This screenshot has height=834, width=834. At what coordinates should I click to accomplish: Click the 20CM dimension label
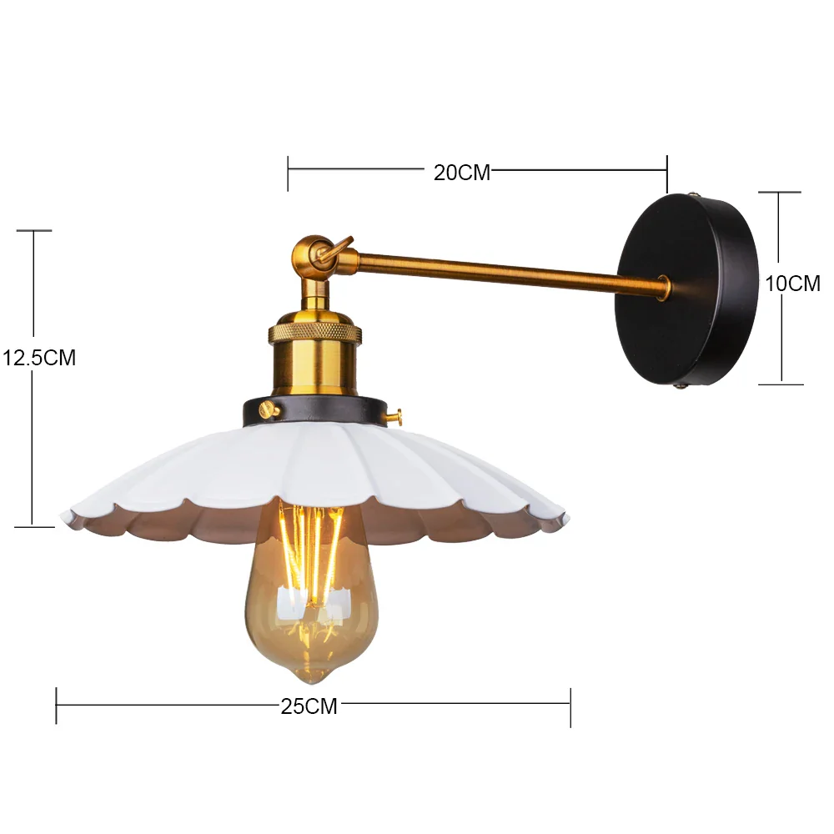click(x=462, y=173)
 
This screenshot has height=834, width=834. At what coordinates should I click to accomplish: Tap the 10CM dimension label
click(x=793, y=284)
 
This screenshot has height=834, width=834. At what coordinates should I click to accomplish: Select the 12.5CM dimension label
click(x=39, y=358)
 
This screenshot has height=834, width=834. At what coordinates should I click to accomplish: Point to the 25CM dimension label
click(x=309, y=706)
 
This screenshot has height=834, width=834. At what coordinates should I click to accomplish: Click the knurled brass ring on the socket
click(x=315, y=334)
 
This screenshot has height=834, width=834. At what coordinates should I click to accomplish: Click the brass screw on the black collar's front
click(x=269, y=409)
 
